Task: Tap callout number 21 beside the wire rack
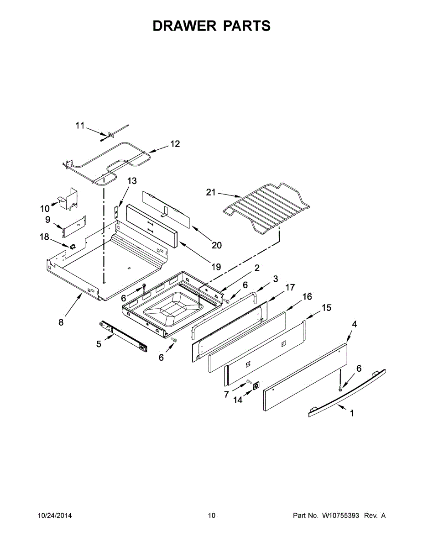210,192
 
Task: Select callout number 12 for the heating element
175,144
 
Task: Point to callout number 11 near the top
80,126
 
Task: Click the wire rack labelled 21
265,205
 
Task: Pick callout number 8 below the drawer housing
61,322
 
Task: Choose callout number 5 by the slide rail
99,344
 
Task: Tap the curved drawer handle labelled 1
347,393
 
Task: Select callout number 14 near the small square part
238,400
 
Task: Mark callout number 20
216,245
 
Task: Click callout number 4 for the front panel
355,324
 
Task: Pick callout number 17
290,287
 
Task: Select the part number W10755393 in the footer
341,516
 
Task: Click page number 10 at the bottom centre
211,516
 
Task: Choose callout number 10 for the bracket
45,209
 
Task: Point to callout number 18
44,236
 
